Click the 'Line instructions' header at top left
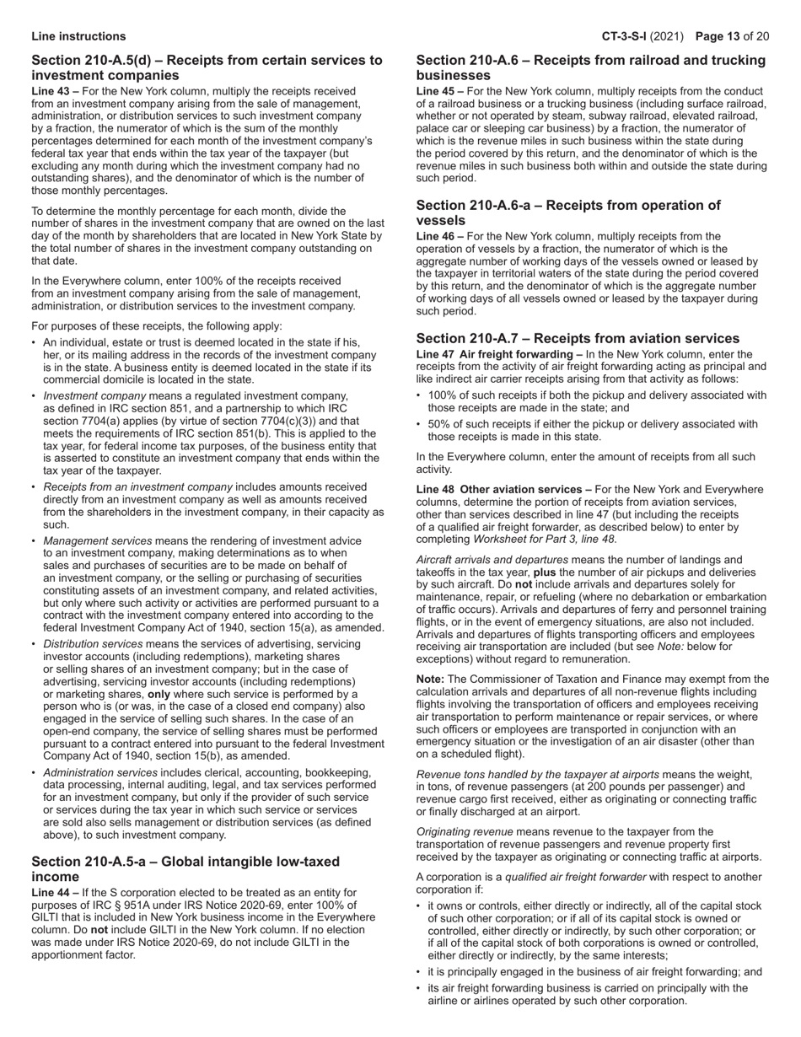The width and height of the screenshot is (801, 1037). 78,36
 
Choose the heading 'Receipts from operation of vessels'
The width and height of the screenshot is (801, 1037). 568,212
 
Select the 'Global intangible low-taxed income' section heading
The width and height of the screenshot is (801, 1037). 185,868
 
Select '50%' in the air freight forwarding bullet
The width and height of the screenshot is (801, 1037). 440,424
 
